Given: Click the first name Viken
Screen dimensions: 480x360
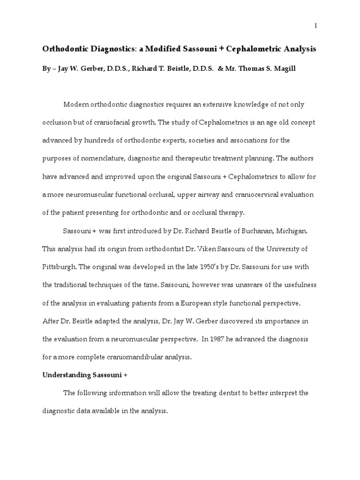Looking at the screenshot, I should [x=208, y=248].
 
